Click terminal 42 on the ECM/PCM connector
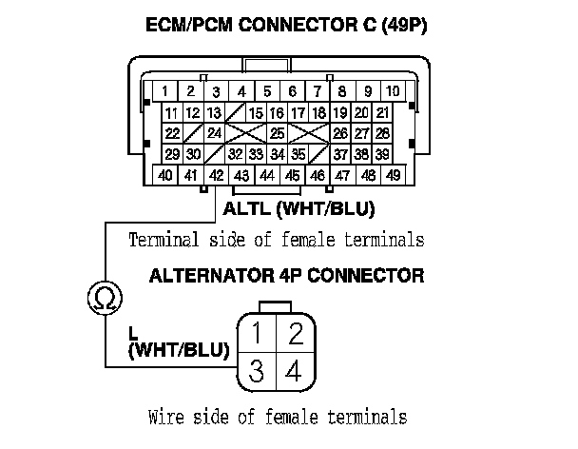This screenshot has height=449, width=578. (x=217, y=175)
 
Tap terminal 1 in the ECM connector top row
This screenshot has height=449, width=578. (x=165, y=92)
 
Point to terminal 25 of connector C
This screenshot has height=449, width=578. (x=278, y=133)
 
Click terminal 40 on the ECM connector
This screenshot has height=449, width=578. (x=165, y=175)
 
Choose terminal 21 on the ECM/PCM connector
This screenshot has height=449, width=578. (x=382, y=113)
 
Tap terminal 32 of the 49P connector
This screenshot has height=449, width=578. (x=235, y=154)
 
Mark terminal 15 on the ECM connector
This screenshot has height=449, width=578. (x=255, y=113)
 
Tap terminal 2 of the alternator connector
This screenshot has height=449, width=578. (x=295, y=333)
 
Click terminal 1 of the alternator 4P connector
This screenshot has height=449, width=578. (x=256, y=333)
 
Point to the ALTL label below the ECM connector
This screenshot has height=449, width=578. (x=246, y=208)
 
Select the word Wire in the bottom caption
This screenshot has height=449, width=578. (x=165, y=417)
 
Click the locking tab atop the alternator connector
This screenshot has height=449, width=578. (x=276, y=306)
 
